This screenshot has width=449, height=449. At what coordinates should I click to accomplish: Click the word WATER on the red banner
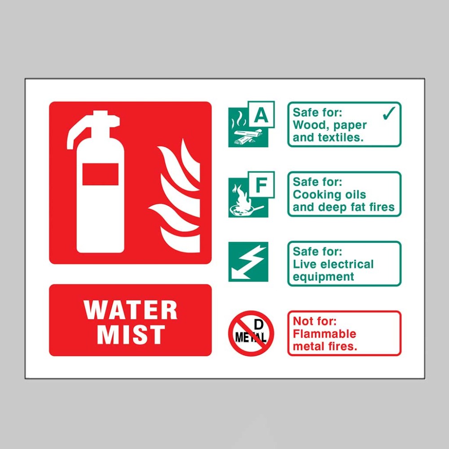[x=131, y=310]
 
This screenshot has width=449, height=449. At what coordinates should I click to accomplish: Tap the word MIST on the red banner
[x=131, y=335]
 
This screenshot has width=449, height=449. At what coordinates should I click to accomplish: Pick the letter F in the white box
[x=261, y=185]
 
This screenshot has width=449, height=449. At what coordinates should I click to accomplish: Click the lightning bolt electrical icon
[x=248, y=262]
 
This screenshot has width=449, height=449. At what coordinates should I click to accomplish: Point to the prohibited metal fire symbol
[x=251, y=333]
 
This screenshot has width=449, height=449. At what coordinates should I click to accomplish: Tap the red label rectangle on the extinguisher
[x=101, y=174]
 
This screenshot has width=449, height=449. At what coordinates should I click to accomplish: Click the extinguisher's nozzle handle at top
[x=92, y=124]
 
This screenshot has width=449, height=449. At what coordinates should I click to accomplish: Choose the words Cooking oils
[x=329, y=195]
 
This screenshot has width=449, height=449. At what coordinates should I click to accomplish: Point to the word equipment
[x=323, y=277]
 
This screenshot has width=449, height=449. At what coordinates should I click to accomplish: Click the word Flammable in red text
[x=325, y=334]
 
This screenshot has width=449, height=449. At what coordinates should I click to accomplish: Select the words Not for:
[x=315, y=321]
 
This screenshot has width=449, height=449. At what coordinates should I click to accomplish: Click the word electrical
[x=349, y=264]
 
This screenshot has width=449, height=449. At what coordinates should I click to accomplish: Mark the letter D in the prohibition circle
[x=259, y=325]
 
